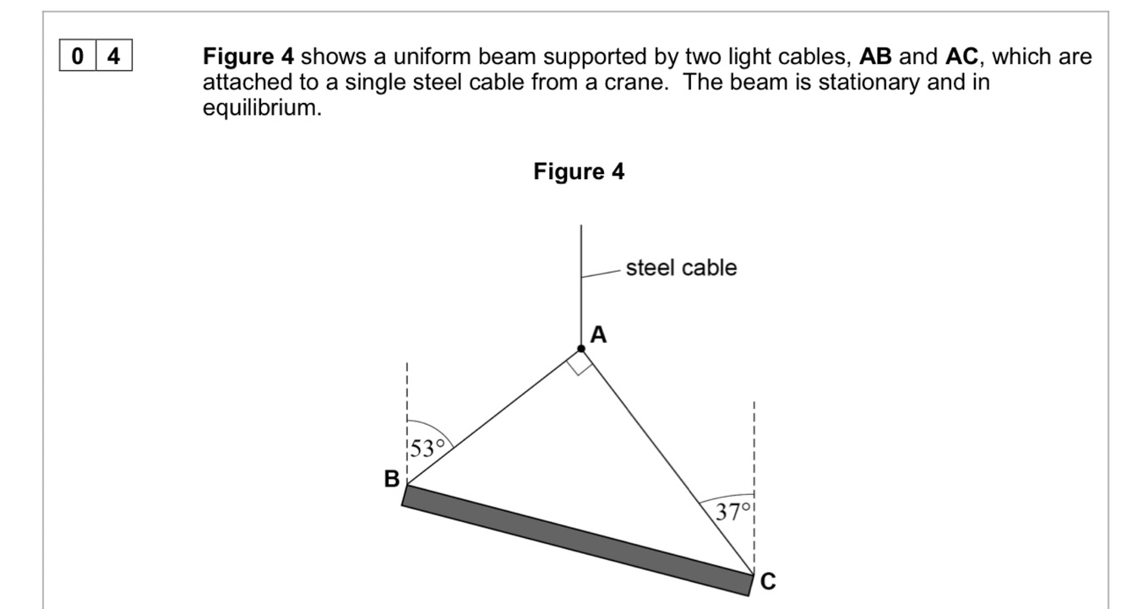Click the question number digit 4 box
click(x=114, y=58)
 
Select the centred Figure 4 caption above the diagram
click(x=579, y=172)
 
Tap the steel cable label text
click(x=681, y=268)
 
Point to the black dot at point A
click(x=581, y=349)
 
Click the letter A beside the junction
click(x=598, y=335)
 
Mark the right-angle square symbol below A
click(x=580, y=364)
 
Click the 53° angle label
click(x=427, y=449)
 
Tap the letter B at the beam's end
click(x=391, y=480)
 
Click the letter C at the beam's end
click(x=767, y=581)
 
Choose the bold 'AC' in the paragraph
click(x=962, y=57)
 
